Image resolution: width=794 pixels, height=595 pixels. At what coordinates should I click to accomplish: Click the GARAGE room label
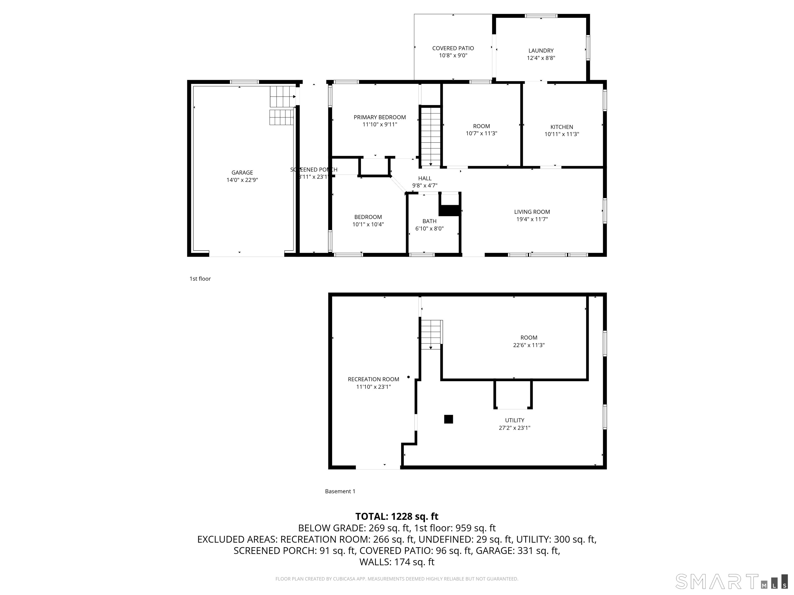click(242, 173)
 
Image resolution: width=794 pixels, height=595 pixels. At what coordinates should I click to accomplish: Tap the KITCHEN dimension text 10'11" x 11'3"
click(561, 134)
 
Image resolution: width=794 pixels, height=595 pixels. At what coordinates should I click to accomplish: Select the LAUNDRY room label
click(541, 51)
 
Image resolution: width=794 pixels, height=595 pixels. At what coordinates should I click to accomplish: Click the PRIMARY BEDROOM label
click(379, 117)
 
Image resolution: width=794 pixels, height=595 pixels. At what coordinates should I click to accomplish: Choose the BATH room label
click(429, 221)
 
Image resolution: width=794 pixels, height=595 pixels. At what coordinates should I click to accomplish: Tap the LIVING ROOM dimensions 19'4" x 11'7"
click(532, 219)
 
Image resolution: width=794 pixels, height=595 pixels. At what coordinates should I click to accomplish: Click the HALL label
click(424, 178)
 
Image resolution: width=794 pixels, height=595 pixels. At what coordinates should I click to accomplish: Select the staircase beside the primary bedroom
click(430, 136)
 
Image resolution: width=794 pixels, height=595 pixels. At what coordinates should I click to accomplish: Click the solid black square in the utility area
click(448, 419)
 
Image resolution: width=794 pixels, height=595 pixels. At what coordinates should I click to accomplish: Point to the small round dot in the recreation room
click(408, 377)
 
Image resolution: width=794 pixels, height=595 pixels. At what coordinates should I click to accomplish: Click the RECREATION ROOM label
click(373, 379)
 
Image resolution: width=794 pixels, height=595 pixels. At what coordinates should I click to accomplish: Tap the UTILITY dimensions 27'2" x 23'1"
click(514, 427)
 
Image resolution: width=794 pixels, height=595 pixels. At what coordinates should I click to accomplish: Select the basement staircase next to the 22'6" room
click(431, 334)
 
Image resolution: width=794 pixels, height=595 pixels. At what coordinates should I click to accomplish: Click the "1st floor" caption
click(200, 279)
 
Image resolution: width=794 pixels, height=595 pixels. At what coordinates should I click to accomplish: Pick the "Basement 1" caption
click(340, 491)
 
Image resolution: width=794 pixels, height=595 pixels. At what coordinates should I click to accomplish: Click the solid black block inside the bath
click(449, 210)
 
